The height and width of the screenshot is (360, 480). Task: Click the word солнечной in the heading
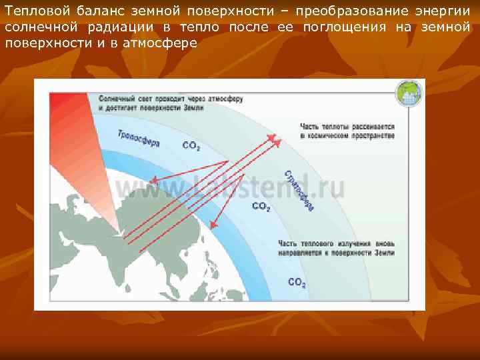(x=38, y=27)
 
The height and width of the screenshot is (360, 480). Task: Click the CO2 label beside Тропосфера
(x=191, y=146)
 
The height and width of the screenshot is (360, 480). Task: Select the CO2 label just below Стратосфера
(x=261, y=207)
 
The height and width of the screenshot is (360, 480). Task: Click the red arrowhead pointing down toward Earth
(x=213, y=225)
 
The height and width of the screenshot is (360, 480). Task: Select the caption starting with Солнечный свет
(x=170, y=103)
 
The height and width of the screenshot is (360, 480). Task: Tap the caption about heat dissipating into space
(x=347, y=131)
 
